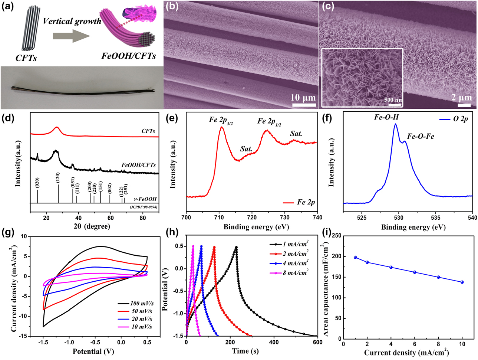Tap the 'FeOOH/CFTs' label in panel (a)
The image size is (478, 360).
[x=128, y=56]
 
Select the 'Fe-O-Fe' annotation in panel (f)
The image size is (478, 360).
[x=421, y=136]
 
